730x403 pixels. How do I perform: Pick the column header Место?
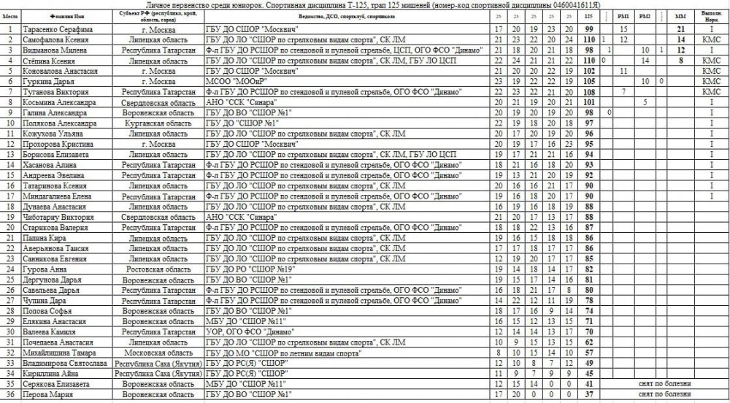pos(10,15)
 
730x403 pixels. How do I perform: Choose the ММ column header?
pos(680,15)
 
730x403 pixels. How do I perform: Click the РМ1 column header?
pos(623,15)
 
